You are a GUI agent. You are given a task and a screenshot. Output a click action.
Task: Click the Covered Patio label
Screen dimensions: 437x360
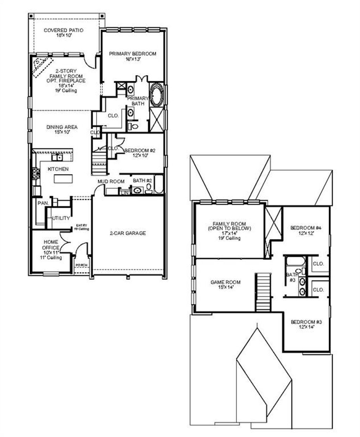pyautogui.click(x=63, y=31)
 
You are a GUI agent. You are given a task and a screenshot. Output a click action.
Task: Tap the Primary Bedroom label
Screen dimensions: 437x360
pyautogui.click(x=133, y=54)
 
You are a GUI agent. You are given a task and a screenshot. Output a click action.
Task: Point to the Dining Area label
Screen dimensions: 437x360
pyautogui.click(x=62, y=127)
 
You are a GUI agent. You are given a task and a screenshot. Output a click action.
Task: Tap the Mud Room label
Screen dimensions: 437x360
pyautogui.click(x=111, y=182)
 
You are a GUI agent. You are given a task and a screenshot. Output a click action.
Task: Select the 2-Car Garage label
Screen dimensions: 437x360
pyautogui.click(x=128, y=233)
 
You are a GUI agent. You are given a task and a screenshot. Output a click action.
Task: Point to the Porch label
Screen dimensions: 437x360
pyautogui.click(x=81, y=265)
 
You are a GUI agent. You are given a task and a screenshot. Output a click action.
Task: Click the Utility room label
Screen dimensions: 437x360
pyautogui.click(x=61, y=218)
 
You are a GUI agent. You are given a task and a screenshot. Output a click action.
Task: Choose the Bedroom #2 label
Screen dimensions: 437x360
pyautogui.click(x=140, y=150)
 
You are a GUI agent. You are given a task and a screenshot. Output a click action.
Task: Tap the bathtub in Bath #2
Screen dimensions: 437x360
pyautogui.click(x=159, y=184)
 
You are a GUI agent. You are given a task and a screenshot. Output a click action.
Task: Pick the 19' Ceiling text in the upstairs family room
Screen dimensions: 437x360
pyautogui.click(x=229, y=238)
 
